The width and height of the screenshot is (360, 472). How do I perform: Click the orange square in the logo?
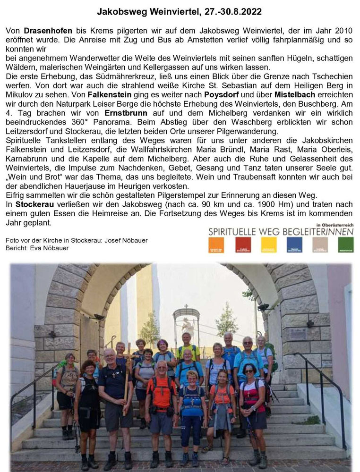pyautogui.click(x=216, y=244)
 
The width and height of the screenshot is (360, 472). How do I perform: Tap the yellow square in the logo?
pyautogui.click(x=268, y=244)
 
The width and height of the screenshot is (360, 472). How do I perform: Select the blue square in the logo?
pyautogui.click(x=294, y=244)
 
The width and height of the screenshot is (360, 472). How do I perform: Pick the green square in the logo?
pyautogui.click(x=345, y=244)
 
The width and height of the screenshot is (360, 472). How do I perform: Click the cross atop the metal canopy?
pyautogui.click(x=186, y=306)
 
